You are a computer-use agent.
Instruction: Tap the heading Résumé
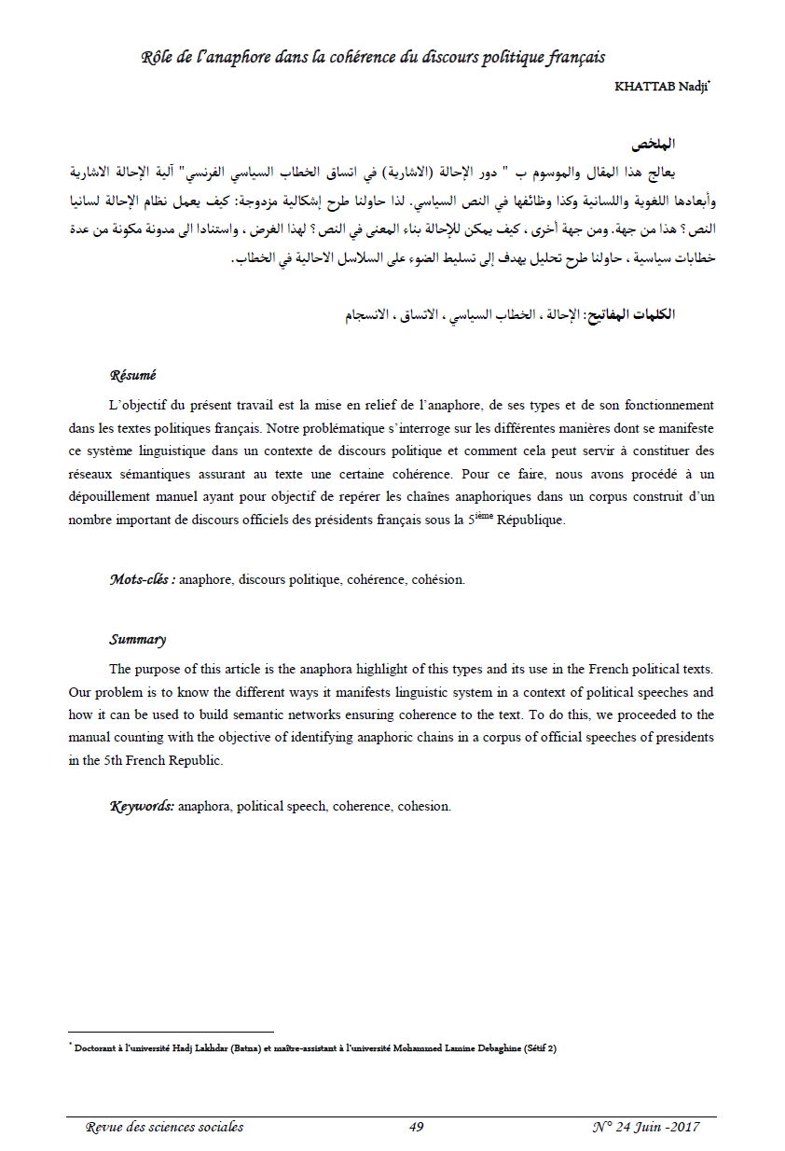pyautogui.click(x=132, y=375)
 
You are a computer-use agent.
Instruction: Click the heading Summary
pyautogui.click(x=137, y=640)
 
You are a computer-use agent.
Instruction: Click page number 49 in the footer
pyautogui.click(x=416, y=1127)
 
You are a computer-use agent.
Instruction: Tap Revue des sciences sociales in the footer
pyautogui.click(x=164, y=1127)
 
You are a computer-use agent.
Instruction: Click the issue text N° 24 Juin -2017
pyautogui.click(x=646, y=1127)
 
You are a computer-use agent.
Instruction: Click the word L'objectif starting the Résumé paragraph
pyautogui.click(x=138, y=406)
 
